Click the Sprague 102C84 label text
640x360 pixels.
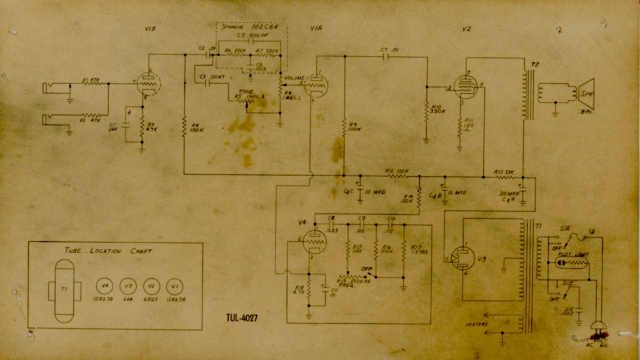coord(250,28)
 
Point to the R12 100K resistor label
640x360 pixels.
coord(397,170)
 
